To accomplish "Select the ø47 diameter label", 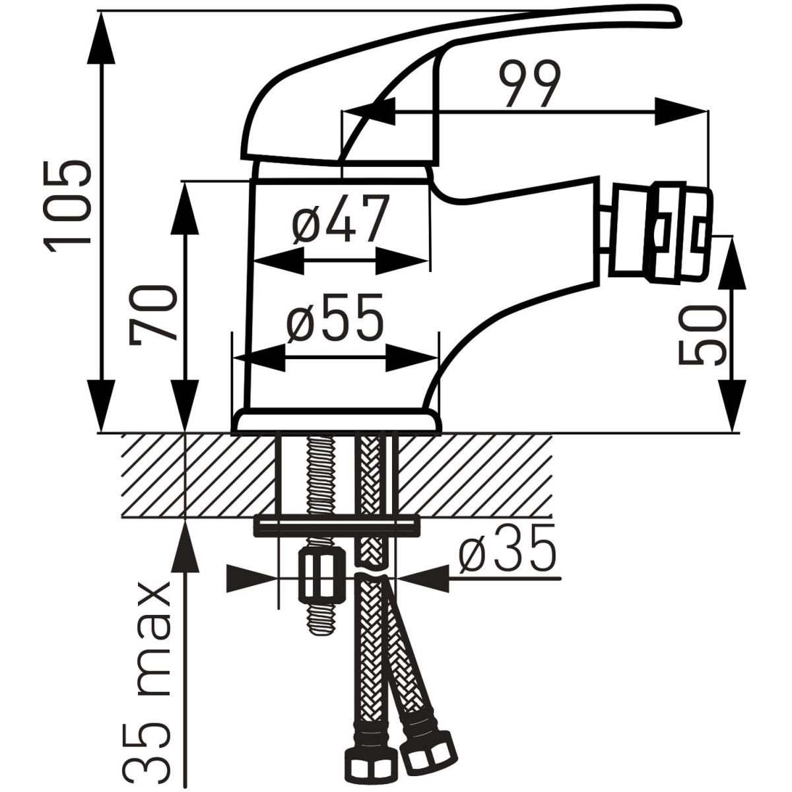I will pos(338,219).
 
